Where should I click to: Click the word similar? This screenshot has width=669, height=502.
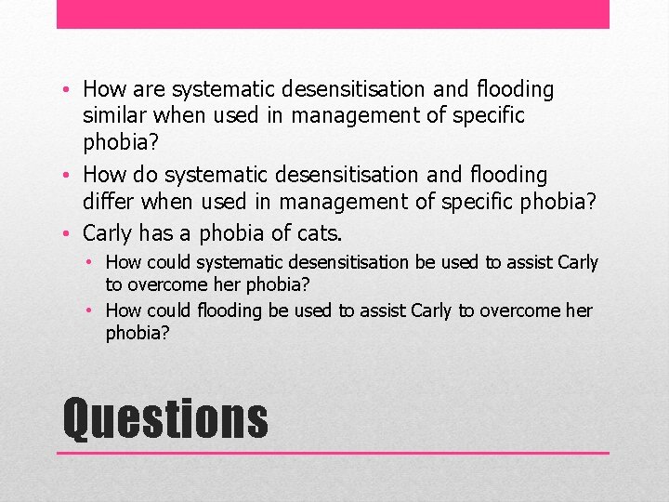coord(116,115)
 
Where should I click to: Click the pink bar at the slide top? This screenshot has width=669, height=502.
coord(333,14)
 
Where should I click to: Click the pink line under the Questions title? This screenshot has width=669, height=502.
coord(333,453)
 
